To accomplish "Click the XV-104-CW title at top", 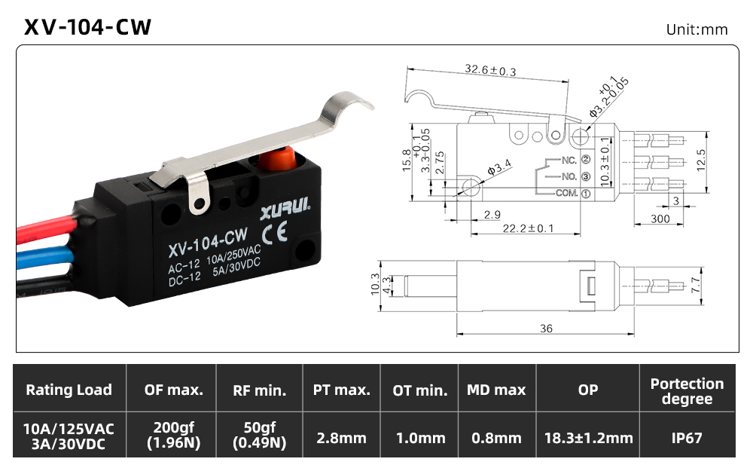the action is click(87, 27).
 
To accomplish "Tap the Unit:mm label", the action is click(697, 30).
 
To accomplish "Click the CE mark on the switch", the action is click(275, 233).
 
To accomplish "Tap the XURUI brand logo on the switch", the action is click(285, 209).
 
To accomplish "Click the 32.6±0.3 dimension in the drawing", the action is click(490, 70).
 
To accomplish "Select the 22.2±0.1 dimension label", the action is click(528, 228).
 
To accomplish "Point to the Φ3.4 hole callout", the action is click(499, 168).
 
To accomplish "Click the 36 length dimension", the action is click(546, 329).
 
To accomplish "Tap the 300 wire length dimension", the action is click(660, 219).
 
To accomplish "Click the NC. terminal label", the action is click(569, 160).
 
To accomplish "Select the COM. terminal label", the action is click(567, 193).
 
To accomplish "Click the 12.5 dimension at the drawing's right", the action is click(700, 161).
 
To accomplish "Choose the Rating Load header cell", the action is click(69, 389).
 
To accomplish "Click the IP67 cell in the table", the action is click(687, 438).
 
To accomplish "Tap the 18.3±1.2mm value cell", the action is click(588, 438).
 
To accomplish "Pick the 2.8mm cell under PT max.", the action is click(341, 438).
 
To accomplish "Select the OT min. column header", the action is click(419, 390).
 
